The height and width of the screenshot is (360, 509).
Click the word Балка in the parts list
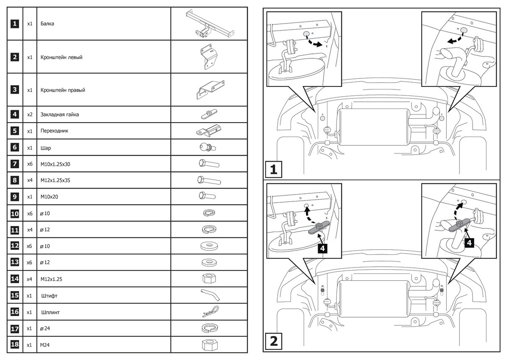coord(47,24)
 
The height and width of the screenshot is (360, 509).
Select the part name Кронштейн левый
coord(61,57)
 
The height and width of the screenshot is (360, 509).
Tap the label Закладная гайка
coord(59,114)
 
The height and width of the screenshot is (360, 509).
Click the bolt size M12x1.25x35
coord(55,180)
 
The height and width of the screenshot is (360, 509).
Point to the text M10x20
coord(49,197)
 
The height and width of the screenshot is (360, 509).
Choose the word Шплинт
coord(50,312)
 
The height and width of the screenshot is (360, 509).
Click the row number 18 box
coord(15,345)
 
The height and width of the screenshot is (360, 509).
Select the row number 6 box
coord(15,148)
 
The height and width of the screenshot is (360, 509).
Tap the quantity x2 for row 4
coord(30,114)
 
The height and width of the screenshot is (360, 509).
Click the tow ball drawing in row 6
coord(207,148)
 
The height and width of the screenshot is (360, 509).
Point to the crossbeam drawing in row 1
coord(207,24)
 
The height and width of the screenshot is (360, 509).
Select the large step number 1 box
coord(274,170)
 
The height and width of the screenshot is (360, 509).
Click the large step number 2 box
coord(274,340)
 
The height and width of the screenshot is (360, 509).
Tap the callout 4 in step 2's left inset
coord(323,248)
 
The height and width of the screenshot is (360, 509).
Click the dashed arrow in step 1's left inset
coord(313,42)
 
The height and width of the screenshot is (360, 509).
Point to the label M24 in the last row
coord(45,345)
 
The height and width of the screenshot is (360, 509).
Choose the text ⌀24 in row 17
coord(45,329)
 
